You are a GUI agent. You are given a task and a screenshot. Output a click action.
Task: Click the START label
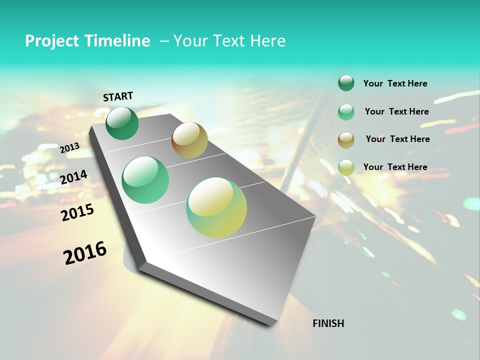pyautogui.click(x=118, y=96)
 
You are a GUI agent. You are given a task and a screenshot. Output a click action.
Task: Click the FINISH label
pyautogui.click(x=328, y=323)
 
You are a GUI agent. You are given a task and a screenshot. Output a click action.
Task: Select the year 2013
pyautogui.click(x=69, y=148)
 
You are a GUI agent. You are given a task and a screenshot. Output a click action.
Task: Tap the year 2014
pyautogui.click(x=73, y=177)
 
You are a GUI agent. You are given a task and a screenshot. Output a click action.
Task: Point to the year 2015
pyautogui.click(x=77, y=212)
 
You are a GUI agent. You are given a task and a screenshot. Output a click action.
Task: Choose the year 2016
pyautogui.click(x=85, y=252)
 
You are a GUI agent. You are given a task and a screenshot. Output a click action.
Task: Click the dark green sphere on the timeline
pyautogui.click(x=122, y=123)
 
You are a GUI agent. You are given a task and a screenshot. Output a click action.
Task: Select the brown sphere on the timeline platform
pyautogui.click(x=189, y=140)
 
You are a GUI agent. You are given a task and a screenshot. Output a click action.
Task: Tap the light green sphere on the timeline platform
pyautogui.click(x=145, y=179)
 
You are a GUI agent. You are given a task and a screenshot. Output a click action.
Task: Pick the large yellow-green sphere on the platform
pyautogui.click(x=216, y=207)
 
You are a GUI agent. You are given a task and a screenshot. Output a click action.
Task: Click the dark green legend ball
pyautogui.click(x=346, y=83)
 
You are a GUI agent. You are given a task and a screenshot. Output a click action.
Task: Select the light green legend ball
pyautogui.click(x=346, y=112)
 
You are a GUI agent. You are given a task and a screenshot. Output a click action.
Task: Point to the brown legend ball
pyautogui.click(x=346, y=140)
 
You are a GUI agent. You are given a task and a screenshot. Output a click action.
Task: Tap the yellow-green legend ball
pyautogui.click(x=346, y=167)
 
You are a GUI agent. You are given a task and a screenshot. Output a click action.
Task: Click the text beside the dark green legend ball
pyautogui.click(x=395, y=83)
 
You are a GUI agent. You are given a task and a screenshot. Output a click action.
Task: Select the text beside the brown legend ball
pyautogui.click(x=397, y=139)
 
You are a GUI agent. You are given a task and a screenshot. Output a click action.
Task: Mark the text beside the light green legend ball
pyautogui.click(x=396, y=111)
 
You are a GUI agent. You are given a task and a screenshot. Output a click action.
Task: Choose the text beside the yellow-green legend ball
pyautogui.click(x=395, y=167)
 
